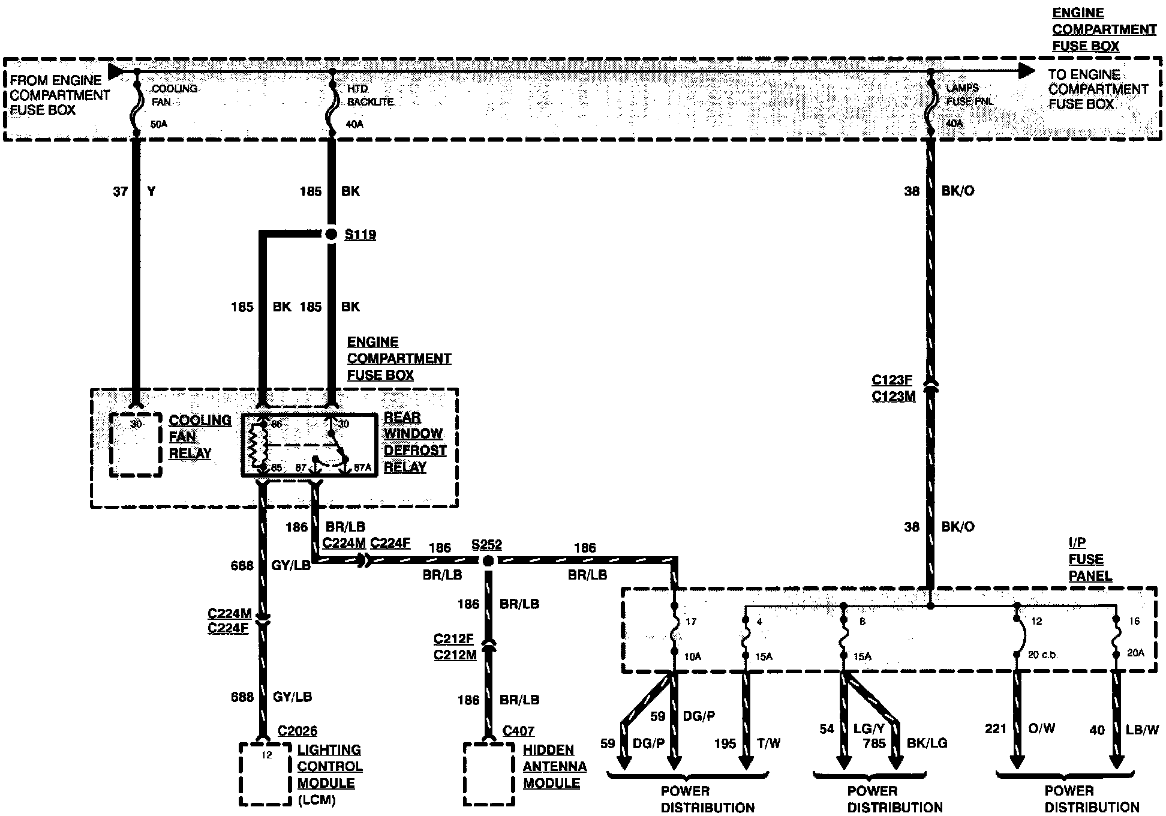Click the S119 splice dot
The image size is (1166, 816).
pos(331,235)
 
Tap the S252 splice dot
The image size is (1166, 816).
pos(488,561)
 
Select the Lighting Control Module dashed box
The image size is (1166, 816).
pos(266,774)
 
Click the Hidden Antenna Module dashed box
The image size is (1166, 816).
pos(489,774)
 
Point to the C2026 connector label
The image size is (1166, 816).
pos(297,731)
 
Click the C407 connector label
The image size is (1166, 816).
pos(518,731)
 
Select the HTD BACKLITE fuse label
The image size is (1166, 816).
pos(370,95)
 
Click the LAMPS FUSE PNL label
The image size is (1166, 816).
pos(969,95)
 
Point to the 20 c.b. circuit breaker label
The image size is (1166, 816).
pos(1042,655)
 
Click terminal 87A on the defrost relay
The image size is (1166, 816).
pos(362,467)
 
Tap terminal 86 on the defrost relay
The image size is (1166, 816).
pos(277,424)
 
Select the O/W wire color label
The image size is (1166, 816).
pos(1041,728)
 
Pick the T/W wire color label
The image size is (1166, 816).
pos(768,743)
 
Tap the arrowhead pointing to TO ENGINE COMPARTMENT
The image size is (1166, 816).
pos(1027,71)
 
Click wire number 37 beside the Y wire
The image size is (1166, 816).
pos(120,191)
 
